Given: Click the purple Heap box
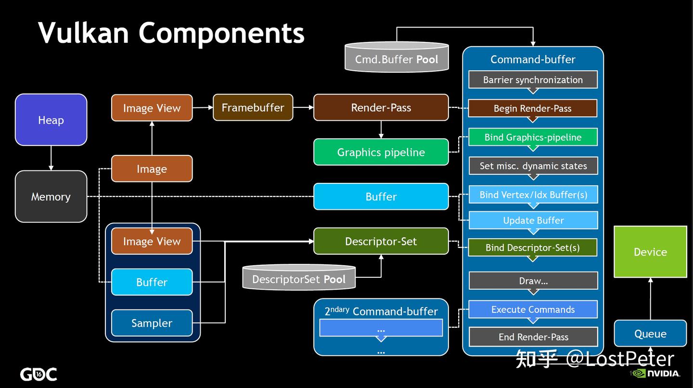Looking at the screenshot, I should coord(51,120).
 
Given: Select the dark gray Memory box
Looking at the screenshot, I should coord(51,196).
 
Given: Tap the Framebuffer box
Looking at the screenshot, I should coord(253,107).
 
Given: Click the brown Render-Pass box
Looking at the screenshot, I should coord(381,107).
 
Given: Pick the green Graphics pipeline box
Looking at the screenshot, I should coord(381,152).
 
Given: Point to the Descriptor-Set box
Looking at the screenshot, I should coord(381,241).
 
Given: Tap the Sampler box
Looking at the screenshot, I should coord(152,323).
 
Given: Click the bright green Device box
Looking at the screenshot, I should coord(650,252).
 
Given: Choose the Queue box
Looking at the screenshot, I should coord(650,334).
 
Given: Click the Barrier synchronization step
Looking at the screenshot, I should coord(533,80).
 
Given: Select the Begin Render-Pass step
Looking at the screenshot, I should coord(533,108).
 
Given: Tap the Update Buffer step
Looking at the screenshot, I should coord(533,220).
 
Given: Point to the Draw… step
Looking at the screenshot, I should coord(533,281).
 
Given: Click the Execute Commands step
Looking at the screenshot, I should coord(533,310).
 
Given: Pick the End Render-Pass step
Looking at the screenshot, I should coord(533,337).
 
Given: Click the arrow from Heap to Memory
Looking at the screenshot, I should coord(51,158).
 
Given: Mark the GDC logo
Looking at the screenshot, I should coord(38,374).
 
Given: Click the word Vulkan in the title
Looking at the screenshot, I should coord(83,33).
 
